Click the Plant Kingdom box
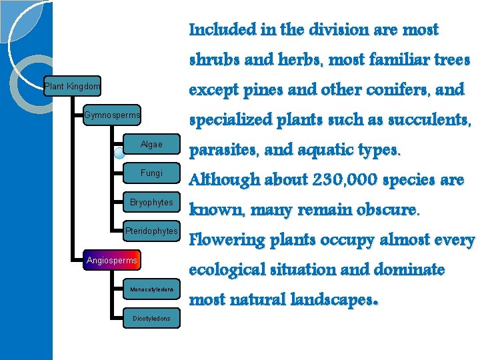[72, 86]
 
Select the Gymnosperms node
[112, 116]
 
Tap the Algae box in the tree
[151, 145]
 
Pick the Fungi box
[151, 173]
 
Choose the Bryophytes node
[151, 203]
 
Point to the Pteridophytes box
[151, 231]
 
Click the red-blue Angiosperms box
[112, 260]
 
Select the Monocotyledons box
[151, 289]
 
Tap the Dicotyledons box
[151, 319]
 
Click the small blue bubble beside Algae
[119, 153]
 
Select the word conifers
[404, 90]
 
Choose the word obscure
[383, 210]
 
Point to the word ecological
[229, 270]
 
